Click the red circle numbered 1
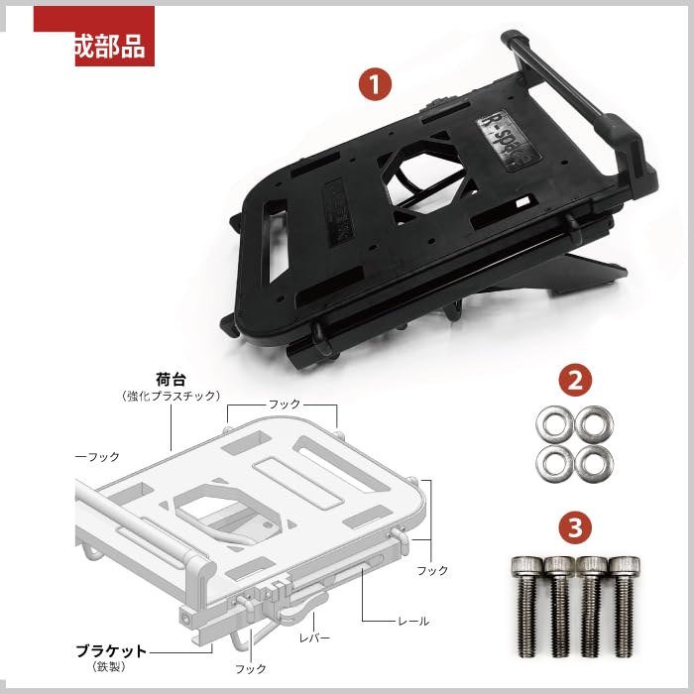(x=373, y=84)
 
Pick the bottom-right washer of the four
(x=592, y=462)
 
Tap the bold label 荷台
(x=172, y=378)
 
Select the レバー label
(x=314, y=637)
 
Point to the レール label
(x=413, y=621)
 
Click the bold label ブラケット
(x=112, y=651)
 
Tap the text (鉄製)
(x=112, y=668)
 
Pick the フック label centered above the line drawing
(x=285, y=405)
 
